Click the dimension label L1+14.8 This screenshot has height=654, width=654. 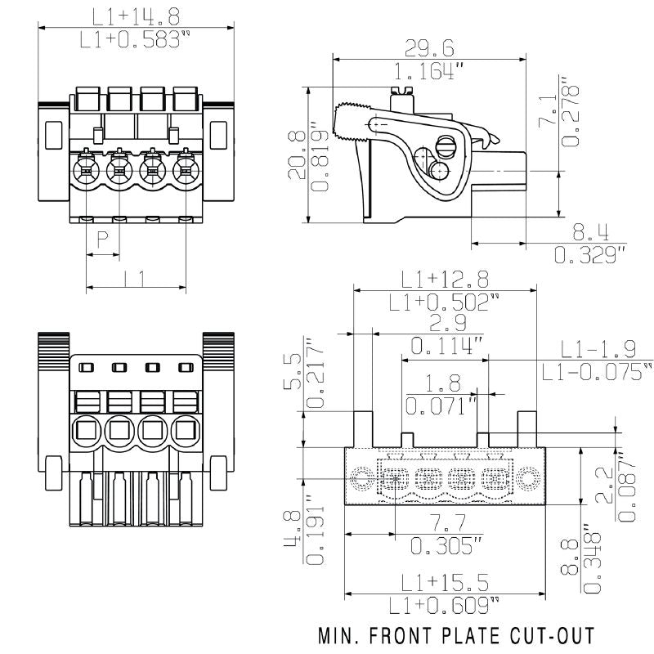(x=136, y=16)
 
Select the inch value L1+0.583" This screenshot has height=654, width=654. (x=136, y=38)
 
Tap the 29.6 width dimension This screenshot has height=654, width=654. (x=428, y=48)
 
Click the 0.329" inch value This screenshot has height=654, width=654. (x=589, y=255)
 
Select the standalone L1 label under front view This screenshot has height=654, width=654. (x=136, y=278)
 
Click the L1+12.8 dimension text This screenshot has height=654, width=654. (x=443, y=279)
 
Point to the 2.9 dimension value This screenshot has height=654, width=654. (x=446, y=323)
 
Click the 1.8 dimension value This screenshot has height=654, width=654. (x=444, y=383)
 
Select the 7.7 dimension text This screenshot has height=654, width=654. (x=445, y=524)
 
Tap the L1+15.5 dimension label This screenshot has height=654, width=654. (x=445, y=582)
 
